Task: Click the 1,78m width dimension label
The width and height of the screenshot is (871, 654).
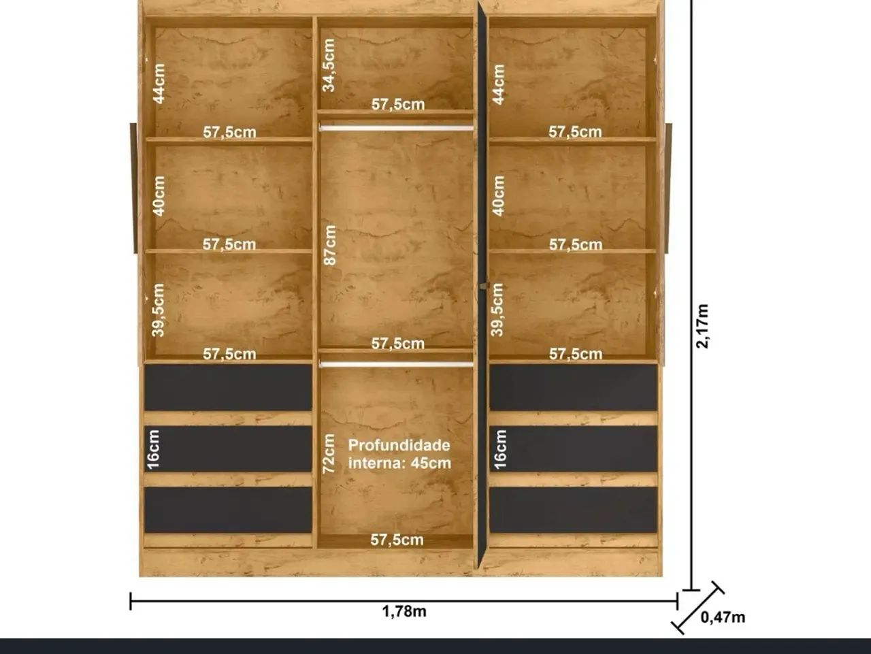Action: pos(404,612)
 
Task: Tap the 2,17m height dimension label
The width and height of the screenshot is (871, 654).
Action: pos(702,326)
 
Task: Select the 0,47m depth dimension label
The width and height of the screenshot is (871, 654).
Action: pos(723,617)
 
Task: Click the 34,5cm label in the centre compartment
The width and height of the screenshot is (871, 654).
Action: pos(329,65)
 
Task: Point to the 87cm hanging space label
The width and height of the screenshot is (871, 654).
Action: pos(330,245)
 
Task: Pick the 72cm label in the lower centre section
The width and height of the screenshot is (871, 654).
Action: pos(329,454)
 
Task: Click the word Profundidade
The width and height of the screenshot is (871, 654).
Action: pos(399,445)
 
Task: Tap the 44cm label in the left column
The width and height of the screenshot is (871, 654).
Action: pos(159,84)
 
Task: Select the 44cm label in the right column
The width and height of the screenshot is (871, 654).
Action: pos(498,84)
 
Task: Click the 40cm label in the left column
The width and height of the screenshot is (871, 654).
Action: pos(159,196)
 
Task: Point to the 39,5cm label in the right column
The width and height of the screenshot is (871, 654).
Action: pos(497,310)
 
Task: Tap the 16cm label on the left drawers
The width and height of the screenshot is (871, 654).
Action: pos(153,450)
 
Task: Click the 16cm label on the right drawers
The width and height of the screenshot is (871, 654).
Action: pos(500,450)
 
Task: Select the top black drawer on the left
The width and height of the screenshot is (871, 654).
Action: pos(228,388)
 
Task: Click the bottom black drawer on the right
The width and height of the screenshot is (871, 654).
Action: pos(574,510)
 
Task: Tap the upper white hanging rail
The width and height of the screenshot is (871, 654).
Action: pos(397,128)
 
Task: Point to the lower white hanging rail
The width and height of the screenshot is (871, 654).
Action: pos(397,364)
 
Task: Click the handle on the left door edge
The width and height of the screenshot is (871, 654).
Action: pos(133,188)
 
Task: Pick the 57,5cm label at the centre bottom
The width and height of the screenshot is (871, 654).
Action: pos(397,540)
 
